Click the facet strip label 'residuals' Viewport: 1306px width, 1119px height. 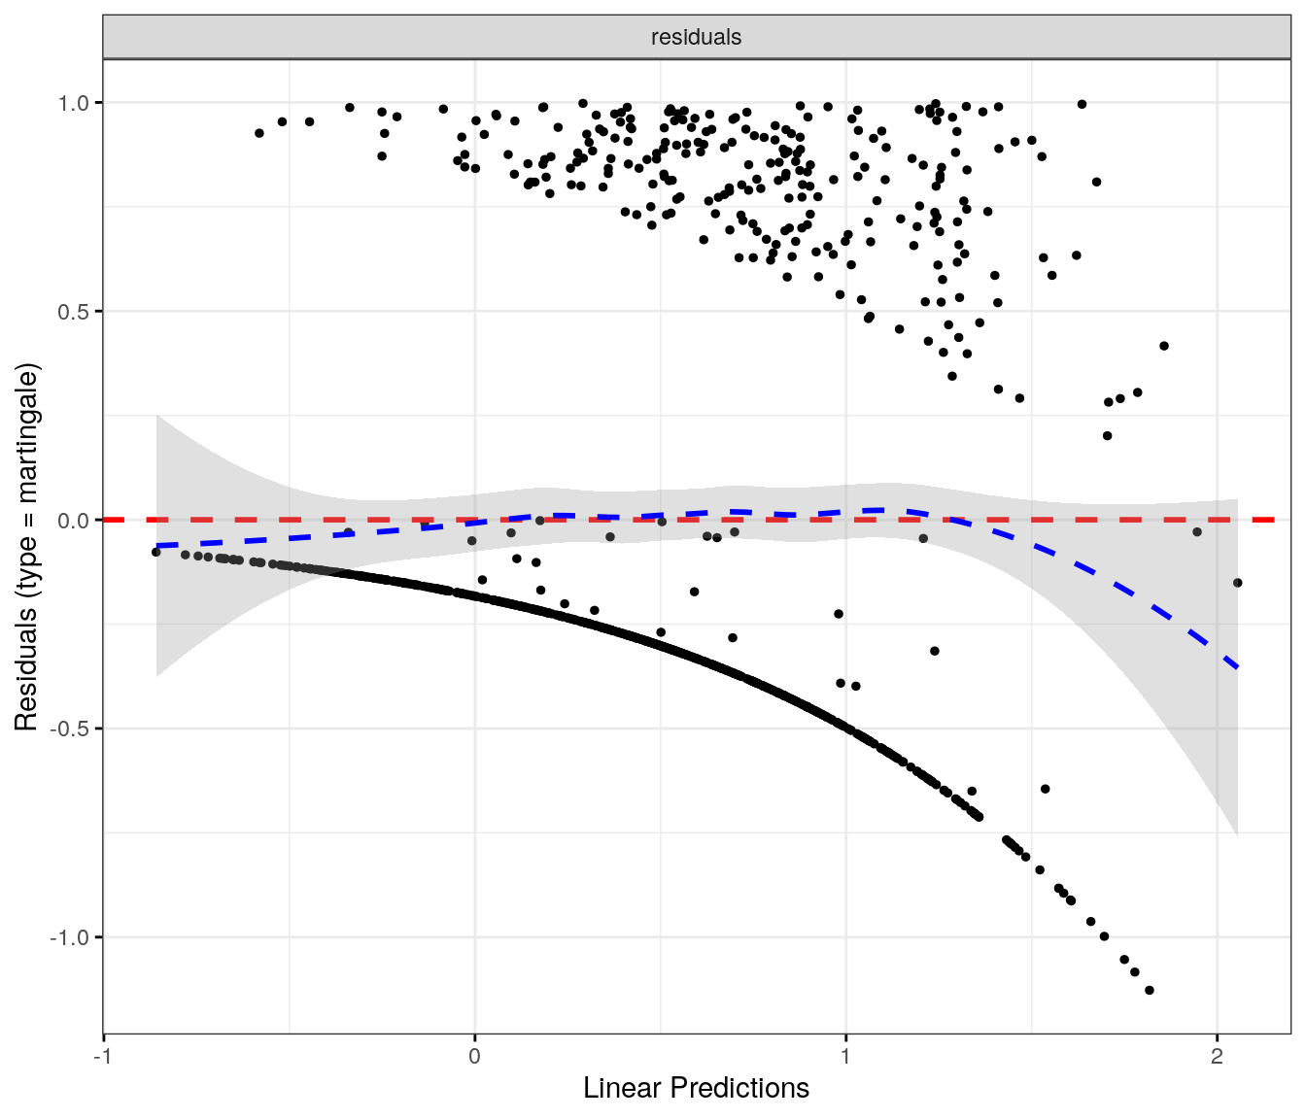pos(696,37)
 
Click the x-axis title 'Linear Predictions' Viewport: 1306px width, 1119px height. pos(696,1088)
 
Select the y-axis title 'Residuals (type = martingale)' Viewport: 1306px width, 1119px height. pos(26,547)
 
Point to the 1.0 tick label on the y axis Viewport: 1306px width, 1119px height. pos(74,103)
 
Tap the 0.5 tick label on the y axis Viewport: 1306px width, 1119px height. pos(74,312)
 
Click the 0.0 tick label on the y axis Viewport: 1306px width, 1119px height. pos(74,521)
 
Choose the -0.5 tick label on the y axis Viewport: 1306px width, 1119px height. pos(70,729)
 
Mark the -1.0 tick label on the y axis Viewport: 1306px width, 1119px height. pos(70,938)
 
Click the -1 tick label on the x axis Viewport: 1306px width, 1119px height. pos(103,1057)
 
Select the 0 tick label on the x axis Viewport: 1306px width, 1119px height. pos(474,1057)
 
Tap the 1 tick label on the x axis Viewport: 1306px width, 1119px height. pos(845,1057)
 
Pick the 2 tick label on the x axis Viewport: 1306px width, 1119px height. pos(1217,1057)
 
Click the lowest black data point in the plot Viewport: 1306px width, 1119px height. pos(1150,990)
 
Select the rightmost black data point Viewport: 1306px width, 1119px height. pos(1237,583)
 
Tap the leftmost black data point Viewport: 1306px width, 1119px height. pos(155,552)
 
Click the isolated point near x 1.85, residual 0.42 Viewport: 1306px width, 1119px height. pos(1164,346)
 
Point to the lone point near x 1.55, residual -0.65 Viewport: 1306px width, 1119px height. pos(1046,789)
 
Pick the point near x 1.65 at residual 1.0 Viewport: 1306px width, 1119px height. pos(1082,104)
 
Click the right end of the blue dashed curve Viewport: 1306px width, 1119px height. pos(1237,667)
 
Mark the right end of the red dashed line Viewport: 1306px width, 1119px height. pos(1273,520)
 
